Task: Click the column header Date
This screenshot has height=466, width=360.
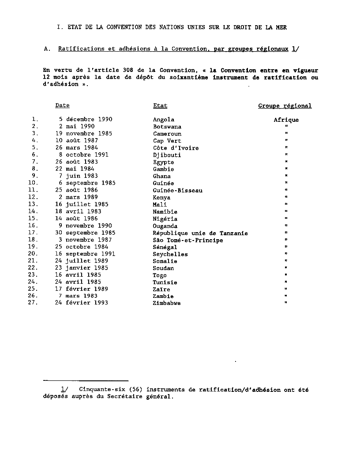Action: click(62, 105)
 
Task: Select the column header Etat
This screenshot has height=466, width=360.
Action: click(160, 105)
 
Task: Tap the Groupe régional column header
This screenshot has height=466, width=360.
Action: click(285, 106)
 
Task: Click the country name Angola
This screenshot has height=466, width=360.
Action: click(164, 120)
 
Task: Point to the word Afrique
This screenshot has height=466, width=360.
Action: click(286, 120)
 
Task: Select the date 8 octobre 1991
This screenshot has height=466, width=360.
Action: click(83, 155)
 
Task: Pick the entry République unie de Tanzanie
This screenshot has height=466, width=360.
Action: click(200, 233)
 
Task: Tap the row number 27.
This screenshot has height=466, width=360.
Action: click(33, 303)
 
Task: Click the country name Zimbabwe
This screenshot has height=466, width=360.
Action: click(167, 303)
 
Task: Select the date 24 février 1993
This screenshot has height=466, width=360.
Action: click(82, 303)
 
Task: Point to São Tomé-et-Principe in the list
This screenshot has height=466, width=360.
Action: click(188, 240)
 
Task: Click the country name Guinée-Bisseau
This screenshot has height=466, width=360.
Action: click(177, 190)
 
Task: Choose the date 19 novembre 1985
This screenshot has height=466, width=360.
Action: click(83, 134)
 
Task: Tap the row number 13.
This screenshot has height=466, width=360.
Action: click(33, 204)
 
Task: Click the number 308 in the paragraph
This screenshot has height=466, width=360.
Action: click(134, 70)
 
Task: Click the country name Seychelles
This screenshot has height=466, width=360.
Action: click(170, 254)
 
